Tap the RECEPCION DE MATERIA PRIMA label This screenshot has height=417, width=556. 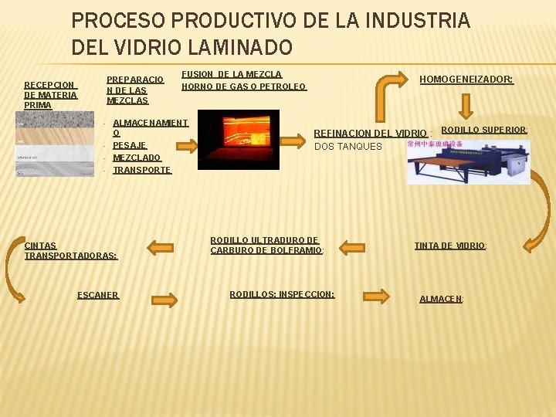pos(50,95)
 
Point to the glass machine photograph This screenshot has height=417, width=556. pos(469,161)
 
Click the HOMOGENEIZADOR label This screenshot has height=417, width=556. pos(466,79)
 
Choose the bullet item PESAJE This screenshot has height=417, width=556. pos(129,145)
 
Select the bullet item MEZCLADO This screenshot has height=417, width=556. pos(137,158)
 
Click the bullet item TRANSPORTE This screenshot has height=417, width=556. pos(141,170)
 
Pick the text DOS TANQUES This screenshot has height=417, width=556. pos(347,146)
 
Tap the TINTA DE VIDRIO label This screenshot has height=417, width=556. pos(450,246)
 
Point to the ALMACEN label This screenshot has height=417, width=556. pos(441,298)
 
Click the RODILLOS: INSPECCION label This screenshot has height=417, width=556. pos(282,294)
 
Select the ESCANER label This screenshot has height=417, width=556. pos(98,294)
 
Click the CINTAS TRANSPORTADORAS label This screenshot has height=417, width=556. pos(70,250)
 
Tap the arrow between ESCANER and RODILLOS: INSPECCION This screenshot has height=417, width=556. pos(164,297)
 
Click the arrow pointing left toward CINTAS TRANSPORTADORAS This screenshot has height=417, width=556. pos(161,247)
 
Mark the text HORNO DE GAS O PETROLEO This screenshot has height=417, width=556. pos(243,86)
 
